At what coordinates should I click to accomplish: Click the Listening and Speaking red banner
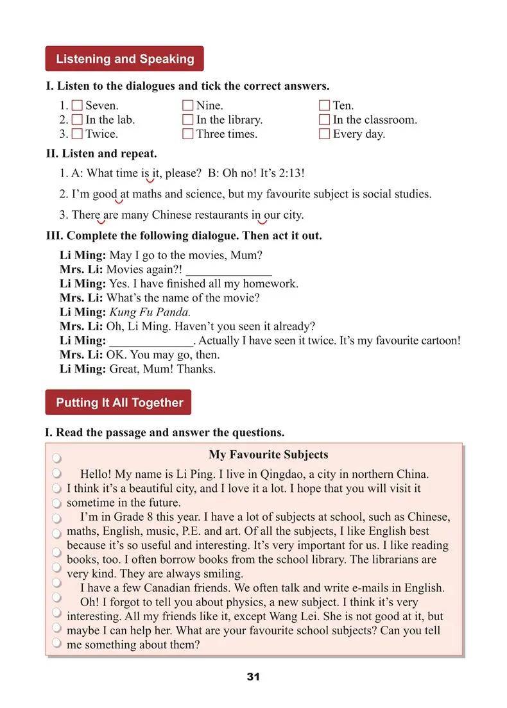tap(125, 59)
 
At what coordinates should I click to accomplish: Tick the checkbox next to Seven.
tap(77, 105)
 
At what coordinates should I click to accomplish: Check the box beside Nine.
tap(188, 105)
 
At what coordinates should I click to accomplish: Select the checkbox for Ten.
tap(324, 105)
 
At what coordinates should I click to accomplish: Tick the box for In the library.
tap(188, 120)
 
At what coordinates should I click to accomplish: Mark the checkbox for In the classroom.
tap(324, 120)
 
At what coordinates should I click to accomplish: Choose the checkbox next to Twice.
tap(77, 134)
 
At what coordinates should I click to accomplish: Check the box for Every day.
tap(324, 134)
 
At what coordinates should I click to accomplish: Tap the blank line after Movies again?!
tap(228, 270)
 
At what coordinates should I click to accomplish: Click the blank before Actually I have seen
tap(151, 341)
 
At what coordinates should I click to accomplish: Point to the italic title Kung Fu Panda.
tap(150, 312)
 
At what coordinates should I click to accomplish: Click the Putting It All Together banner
tap(119, 403)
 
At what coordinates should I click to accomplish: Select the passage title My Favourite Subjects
tap(268, 455)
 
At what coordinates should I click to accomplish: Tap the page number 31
tap(253, 677)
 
